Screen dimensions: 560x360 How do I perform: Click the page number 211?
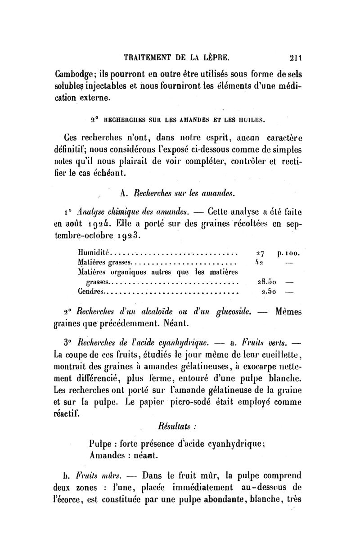point(295,57)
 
